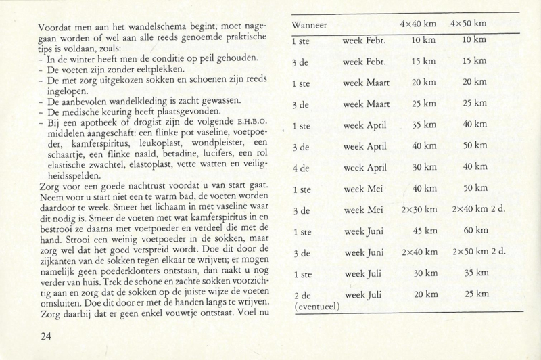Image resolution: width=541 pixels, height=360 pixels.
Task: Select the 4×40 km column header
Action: point(417,24)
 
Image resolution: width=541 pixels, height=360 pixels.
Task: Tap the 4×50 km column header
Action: point(469,24)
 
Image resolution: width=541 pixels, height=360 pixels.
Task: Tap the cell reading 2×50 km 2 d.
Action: point(477,253)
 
